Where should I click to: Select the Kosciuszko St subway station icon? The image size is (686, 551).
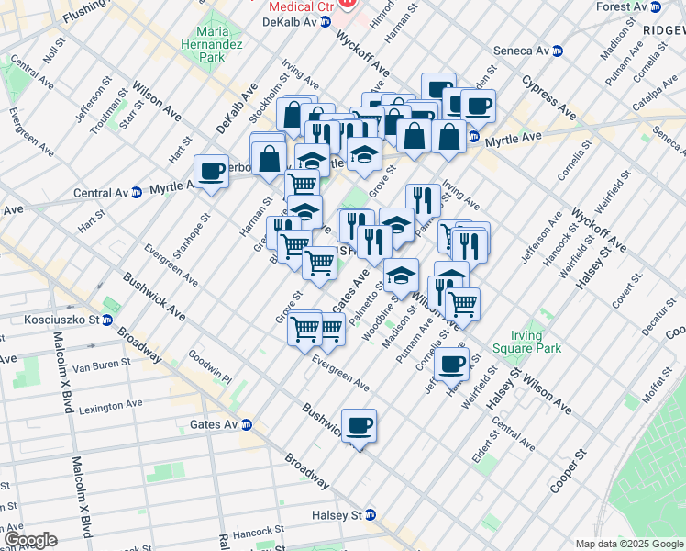coord(107,320)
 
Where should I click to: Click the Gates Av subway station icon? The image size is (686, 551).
coord(246,424)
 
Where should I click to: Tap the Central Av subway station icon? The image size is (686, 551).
coord(137,193)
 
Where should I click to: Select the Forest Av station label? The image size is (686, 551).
coord(627,6)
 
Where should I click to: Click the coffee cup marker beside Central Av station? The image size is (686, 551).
coord(212,171)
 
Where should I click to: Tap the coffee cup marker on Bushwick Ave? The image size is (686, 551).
coord(360,425)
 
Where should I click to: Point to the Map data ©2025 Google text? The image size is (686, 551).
coord(629,544)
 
